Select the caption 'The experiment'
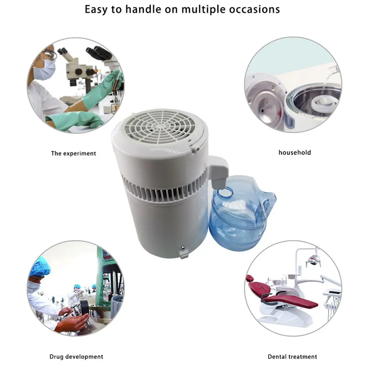coord(73,153)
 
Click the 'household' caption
coord(295,152)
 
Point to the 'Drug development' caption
coord(76,357)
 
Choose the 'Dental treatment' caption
coord(292,357)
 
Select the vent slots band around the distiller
coord(162,191)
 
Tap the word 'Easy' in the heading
coord(98,10)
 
